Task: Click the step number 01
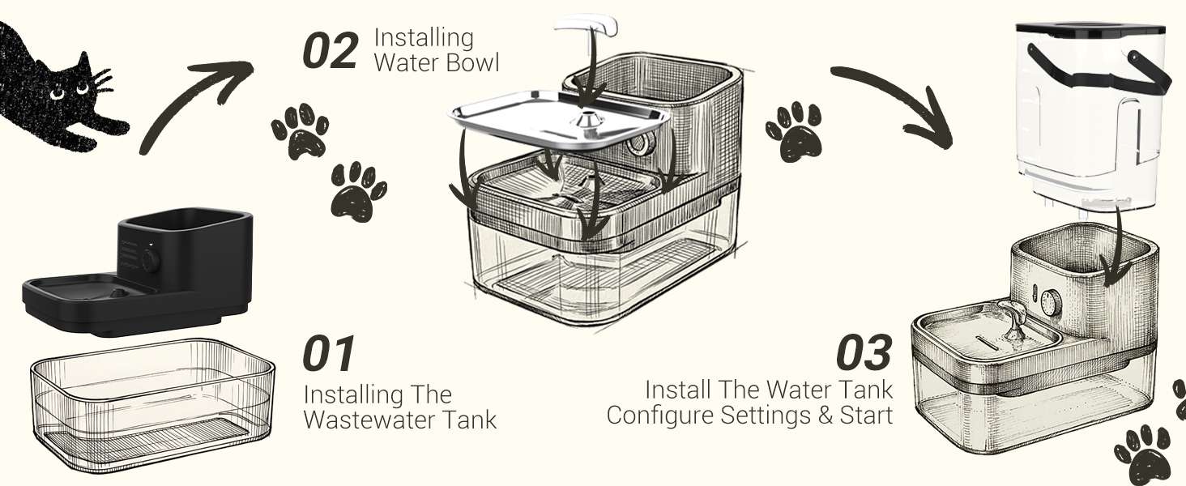click(x=328, y=352)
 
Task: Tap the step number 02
click(x=330, y=50)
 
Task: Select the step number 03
click(x=864, y=352)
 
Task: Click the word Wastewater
click(x=369, y=420)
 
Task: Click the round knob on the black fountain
click(x=151, y=261)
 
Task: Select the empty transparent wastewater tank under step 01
click(x=152, y=405)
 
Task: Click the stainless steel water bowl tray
click(x=560, y=121)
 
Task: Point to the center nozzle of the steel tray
click(x=587, y=120)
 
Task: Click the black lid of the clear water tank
click(x=1090, y=31)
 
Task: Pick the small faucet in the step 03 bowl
click(x=1013, y=319)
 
